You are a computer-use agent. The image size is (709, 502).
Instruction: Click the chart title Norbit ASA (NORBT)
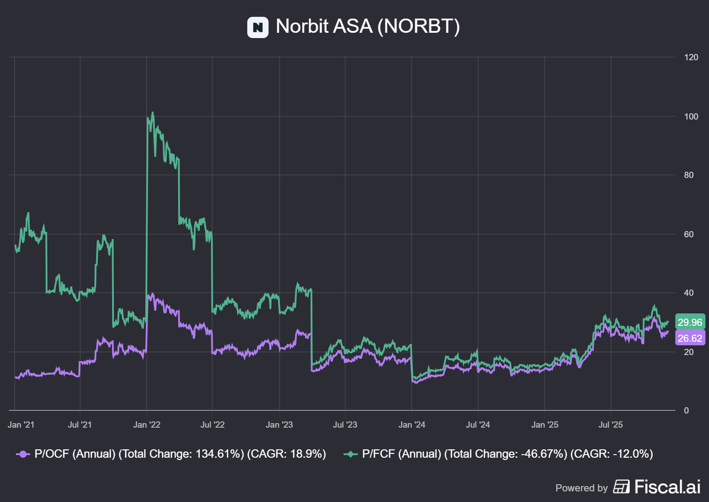pyautogui.click(x=367, y=27)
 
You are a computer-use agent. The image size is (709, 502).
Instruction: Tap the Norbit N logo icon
pyautogui.click(x=257, y=27)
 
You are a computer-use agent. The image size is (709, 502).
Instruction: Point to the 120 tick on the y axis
pyautogui.click(x=691, y=57)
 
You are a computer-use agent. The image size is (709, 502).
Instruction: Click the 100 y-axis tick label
pyautogui.click(x=691, y=116)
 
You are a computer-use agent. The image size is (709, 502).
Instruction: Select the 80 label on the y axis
pyautogui.click(x=689, y=175)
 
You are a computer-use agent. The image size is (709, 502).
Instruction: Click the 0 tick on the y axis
pyautogui.click(x=686, y=410)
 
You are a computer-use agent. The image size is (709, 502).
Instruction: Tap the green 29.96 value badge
pyautogui.click(x=690, y=322)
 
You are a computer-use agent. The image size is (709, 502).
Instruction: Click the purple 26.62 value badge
pyautogui.click(x=690, y=338)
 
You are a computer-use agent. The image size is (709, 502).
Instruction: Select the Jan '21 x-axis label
pyautogui.click(x=21, y=425)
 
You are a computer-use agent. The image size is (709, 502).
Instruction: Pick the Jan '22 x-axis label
pyautogui.click(x=147, y=425)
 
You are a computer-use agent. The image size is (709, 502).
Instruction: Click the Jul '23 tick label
pyautogui.click(x=345, y=425)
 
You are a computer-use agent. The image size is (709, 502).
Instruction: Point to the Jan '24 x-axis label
pyautogui.click(x=412, y=425)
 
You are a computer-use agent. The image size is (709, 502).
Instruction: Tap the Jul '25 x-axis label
pyautogui.click(x=611, y=425)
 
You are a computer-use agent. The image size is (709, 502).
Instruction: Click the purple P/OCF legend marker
pyautogui.click(x=23, y=454)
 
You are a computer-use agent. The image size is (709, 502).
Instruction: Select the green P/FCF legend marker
pyautogui.click(x=351, y=454)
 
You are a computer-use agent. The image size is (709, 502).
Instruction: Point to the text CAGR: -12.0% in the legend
pyautogui.click(x=612, y=454)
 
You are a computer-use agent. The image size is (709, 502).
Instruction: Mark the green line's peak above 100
pyautogui.click(x=153, y=113)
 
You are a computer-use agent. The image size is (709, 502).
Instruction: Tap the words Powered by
pyautogui.click(x=581, y=488)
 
